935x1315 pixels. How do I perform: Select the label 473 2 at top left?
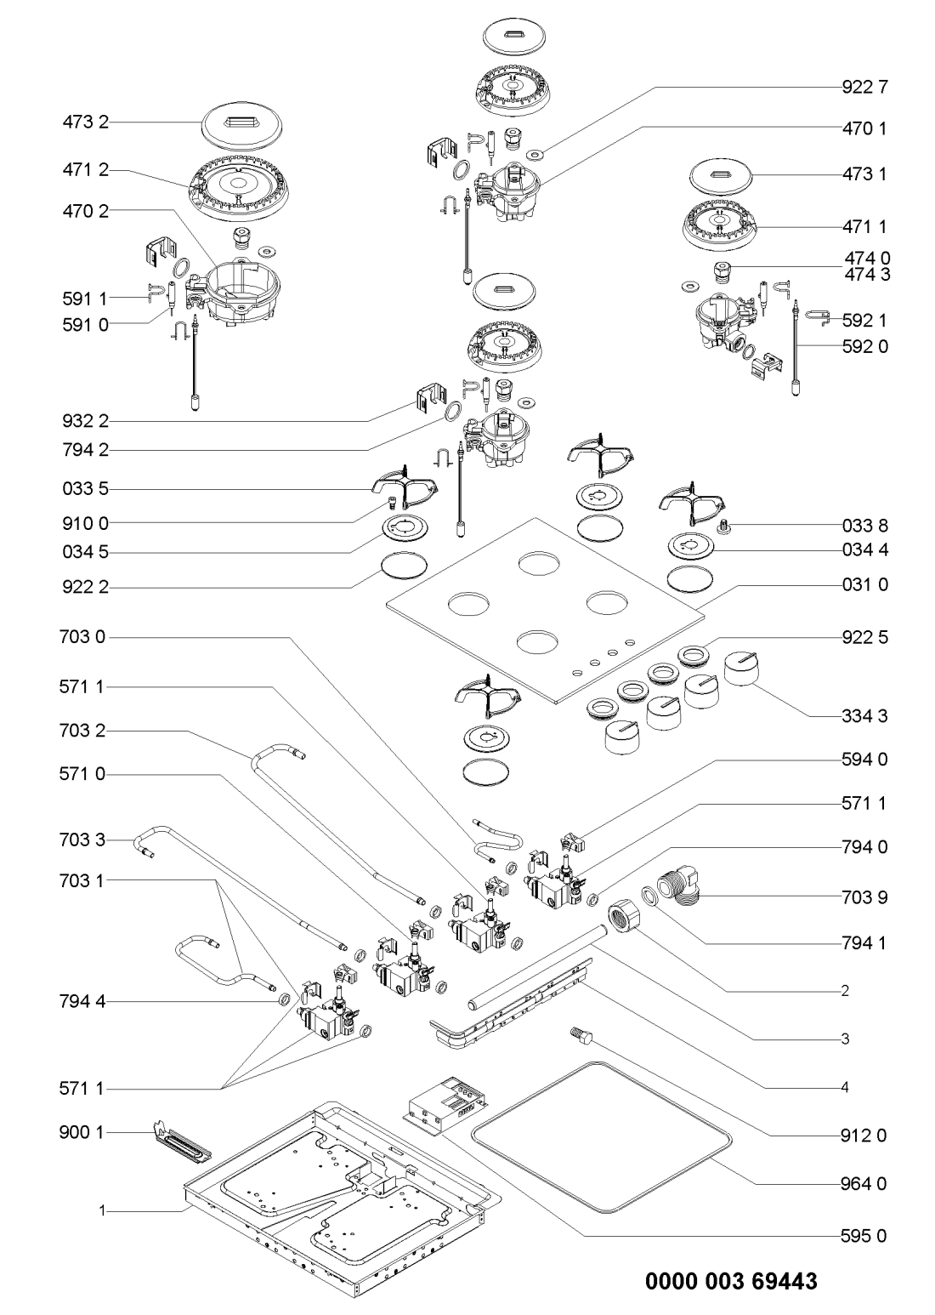86,124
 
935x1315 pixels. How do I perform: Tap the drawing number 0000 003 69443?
732,1281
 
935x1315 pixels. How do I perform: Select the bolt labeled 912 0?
581,1035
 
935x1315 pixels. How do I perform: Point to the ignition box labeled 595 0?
442,1105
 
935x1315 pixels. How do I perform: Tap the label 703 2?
86,731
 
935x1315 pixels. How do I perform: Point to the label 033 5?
86,489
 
